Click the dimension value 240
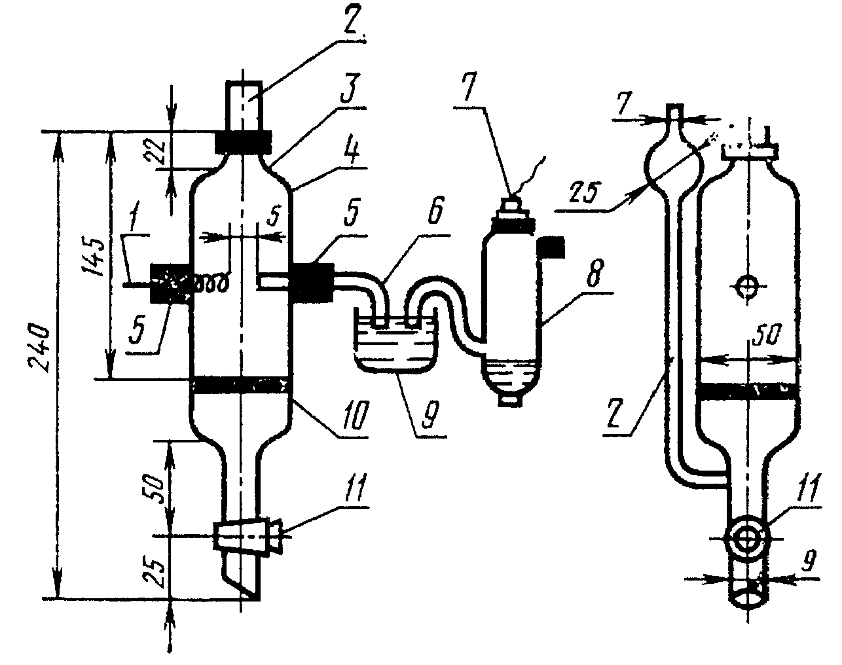click(39, 348)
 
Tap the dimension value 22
click(153, 151)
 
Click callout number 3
click(350, 91)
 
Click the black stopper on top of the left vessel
click(243, 141)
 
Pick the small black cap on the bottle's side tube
click(551, 247)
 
